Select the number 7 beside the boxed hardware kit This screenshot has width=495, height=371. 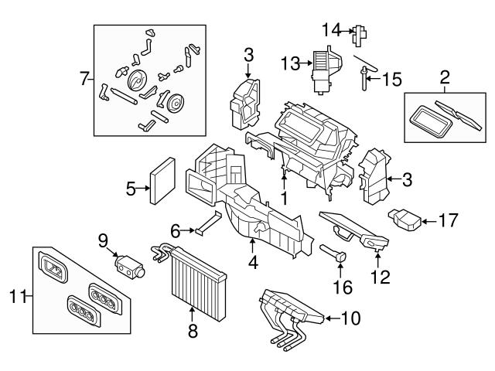pos(84,78)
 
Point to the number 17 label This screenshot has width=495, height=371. pos(453,221)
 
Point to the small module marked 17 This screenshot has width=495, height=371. pos(405,220)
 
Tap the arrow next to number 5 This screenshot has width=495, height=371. pos(145,187)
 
